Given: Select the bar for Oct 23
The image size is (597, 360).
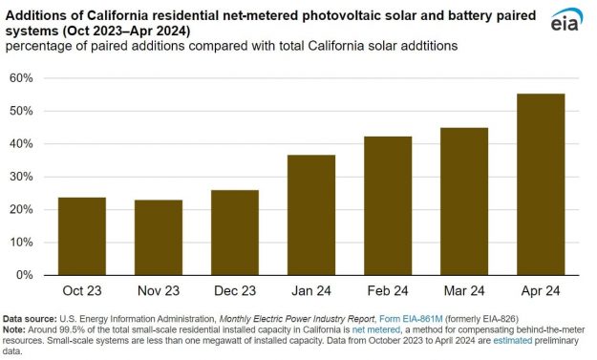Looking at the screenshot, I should click(x=81, y=236).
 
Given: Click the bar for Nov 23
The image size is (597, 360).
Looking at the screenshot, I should click(x=158, y=237).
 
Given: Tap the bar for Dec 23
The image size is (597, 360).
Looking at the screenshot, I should click(x=234, y=232).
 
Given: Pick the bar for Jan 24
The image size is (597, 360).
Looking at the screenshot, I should click(x=310, y=215).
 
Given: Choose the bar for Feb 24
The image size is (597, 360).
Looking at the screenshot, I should click(x=387, y=205).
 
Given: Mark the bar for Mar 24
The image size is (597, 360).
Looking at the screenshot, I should click(x=463, y=201).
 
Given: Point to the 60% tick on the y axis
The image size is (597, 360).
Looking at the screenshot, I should click(x=22, y=78).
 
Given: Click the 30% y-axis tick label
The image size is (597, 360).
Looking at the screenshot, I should click(x=22, y=177).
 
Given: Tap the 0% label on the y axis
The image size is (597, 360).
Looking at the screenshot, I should click(x=25, y=275).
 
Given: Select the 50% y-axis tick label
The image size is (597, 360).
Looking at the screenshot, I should click(x=22, y=111).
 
